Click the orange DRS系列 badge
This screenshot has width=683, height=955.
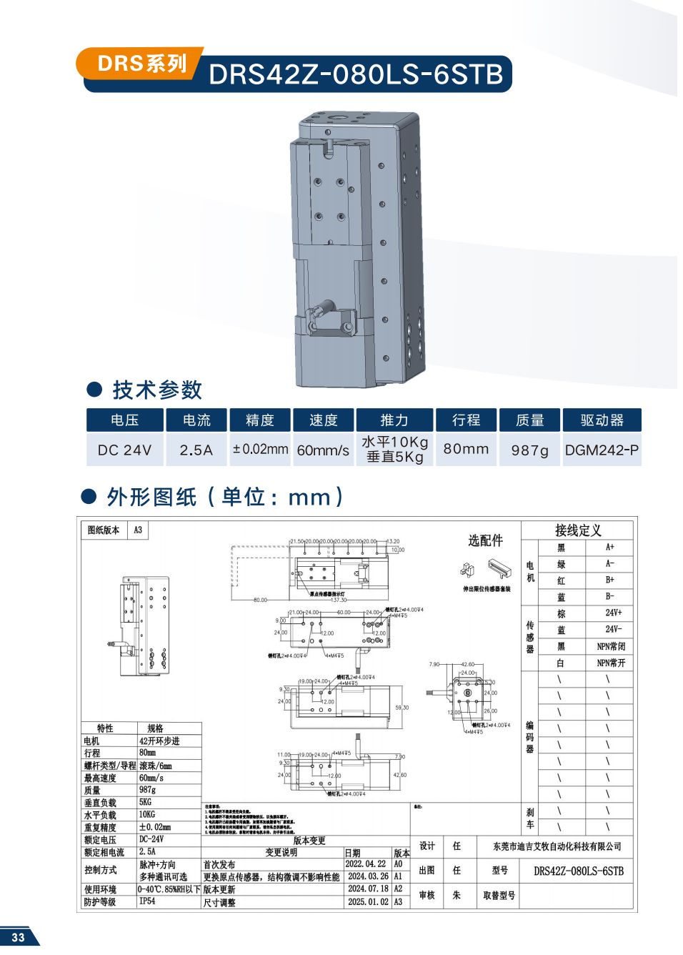point(141,64)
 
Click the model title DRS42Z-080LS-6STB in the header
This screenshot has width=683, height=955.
point(356,74)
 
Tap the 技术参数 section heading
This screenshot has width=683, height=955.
point(156,390)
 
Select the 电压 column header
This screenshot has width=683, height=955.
point(124,420)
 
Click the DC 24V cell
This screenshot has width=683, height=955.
point(124,450)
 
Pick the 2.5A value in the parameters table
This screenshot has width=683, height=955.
point(196,450)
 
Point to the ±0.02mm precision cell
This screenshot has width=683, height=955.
point(260,450)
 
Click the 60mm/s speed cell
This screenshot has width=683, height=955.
point(323,450)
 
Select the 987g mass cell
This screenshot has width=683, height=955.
point(529,450)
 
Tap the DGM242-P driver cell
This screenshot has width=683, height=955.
point(602,450)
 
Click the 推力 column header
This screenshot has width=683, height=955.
point(394,420)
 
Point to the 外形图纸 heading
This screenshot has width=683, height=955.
point(151,497)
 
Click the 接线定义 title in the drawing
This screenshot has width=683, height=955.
point(578,530)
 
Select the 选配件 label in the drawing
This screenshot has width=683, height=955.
point(485,540)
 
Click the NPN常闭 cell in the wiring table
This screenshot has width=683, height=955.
point(611,646)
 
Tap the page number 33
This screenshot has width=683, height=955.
point(18,937)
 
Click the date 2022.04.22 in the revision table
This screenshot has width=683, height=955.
point(366,864)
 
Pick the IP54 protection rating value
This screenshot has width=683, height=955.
point(147,901)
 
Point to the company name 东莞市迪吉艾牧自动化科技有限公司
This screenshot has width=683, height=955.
point(557,846)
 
